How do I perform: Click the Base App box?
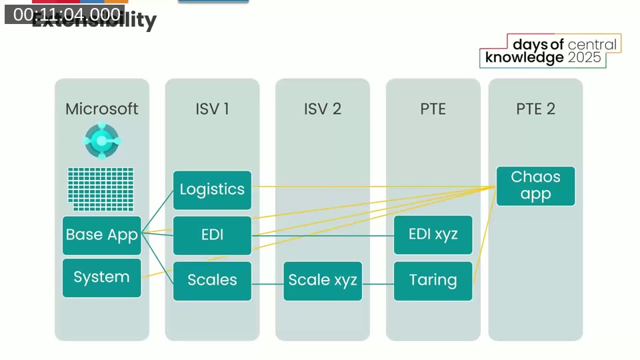click(x=102, y=235)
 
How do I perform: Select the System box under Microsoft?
click(x=102, y=277)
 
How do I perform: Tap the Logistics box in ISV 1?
click(x=212, y=189)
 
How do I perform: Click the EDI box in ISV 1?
click(x=212, y=235)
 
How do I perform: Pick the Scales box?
click(x=212, y=280)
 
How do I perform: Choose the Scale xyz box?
click(x=323, y=280)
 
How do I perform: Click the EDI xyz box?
click(x=433, y=235)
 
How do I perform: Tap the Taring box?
click(x=433, y=280)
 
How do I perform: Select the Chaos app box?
click(x=535, y=186)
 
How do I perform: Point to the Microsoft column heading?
click(x=102, y=109)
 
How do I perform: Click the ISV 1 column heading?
click(x=212, y=109)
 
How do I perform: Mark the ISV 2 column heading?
click(x=323, y=109)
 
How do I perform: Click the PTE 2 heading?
click(x=535, y=109)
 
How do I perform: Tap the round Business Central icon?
click(x=102, y=141)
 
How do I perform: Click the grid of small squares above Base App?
click(x=101, y=189)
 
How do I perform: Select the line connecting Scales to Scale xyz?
click(x=267, y=284)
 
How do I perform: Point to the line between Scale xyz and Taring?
click(x=378, y=284)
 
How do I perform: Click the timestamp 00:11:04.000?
click(x=67, y=14)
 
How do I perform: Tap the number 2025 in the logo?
click(x=585, y=58)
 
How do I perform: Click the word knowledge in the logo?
click(x=525, y=58)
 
